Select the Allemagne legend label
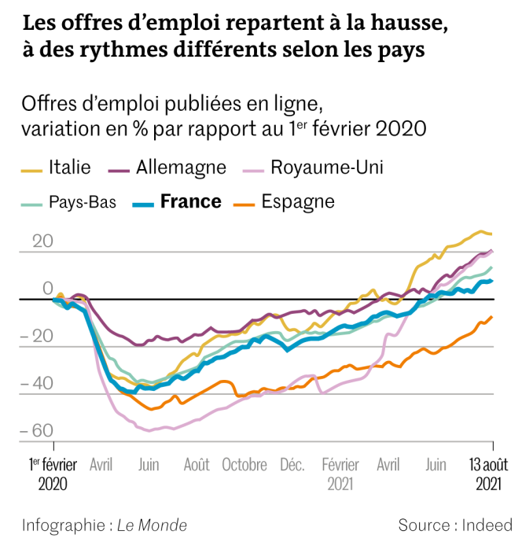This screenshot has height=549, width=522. point(181,168)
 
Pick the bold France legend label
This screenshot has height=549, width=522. point(190,201)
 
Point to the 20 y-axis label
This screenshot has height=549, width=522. point(42,241)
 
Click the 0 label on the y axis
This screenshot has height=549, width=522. point(47,289)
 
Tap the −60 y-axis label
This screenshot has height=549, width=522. point(37,430)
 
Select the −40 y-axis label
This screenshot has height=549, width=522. point(37,384)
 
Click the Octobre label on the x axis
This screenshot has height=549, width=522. point(244,464)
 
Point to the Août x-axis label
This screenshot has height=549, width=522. point(197,464)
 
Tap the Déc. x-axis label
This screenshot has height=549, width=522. point(292,464)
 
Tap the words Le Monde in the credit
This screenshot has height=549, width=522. point(152,525)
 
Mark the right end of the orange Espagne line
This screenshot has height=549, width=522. point(492,317)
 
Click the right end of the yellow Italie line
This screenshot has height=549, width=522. point(492,234)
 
